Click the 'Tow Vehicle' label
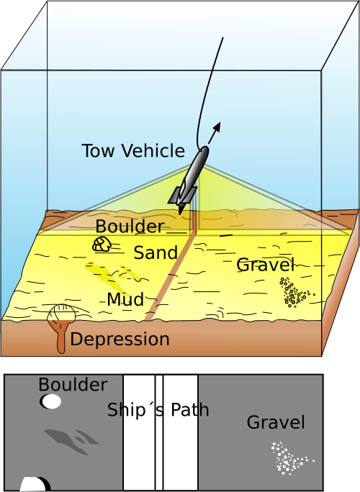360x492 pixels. [x=133, y=150]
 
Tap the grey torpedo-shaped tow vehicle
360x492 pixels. [x=189, y=181]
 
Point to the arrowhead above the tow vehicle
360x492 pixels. [x=217, y=127]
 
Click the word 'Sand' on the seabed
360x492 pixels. [x=156, y=252]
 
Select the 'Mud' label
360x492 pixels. [x=126, y=299]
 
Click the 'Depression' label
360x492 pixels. [x=120, y=340]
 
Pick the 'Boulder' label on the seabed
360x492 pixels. [x=130, y=227]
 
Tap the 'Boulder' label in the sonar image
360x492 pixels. [x=73, y=385]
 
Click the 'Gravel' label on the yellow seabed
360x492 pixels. [x=266, y=265]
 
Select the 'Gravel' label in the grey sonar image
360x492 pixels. [x=276, y=422]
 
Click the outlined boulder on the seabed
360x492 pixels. [x=102, y=244]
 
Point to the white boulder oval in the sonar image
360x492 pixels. [x=51, y=401]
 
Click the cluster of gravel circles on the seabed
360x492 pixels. [x=294, y=293]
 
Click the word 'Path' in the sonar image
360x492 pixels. [x=190, y=410]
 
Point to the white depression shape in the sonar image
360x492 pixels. [x=34, y=484]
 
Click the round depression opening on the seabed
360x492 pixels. [x=61, y=313]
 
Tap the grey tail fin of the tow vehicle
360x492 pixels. [x=182, y=195]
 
